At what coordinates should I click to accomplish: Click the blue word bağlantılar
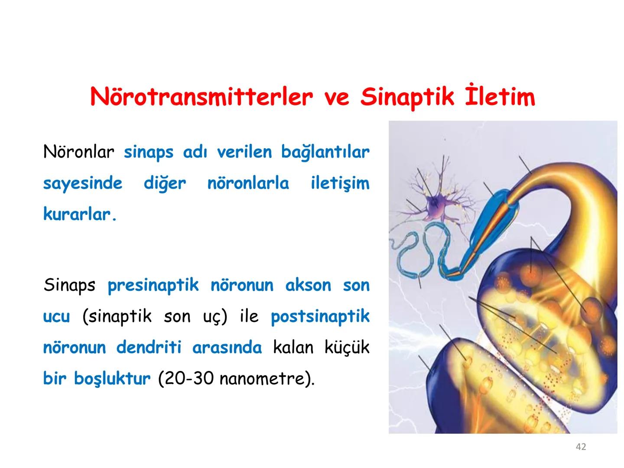[x=325, y=152]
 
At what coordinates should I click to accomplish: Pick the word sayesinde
[x=83, y=183]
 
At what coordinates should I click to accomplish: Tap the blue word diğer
[x=165, y=183]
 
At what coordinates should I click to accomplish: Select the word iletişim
[x=340, y=183]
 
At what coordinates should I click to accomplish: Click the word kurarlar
[x=80, y=214]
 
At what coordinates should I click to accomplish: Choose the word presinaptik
[x=153, y=286]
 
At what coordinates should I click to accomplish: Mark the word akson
[x=308, y=286]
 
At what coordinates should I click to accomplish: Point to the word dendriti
[x=148, y=348]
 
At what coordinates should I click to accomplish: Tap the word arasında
[x=227, y=348]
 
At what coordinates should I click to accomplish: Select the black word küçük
[x=347, y=348]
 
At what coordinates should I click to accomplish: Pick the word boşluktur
[x=112, y=379]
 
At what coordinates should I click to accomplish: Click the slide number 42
[x=581, y=447]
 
